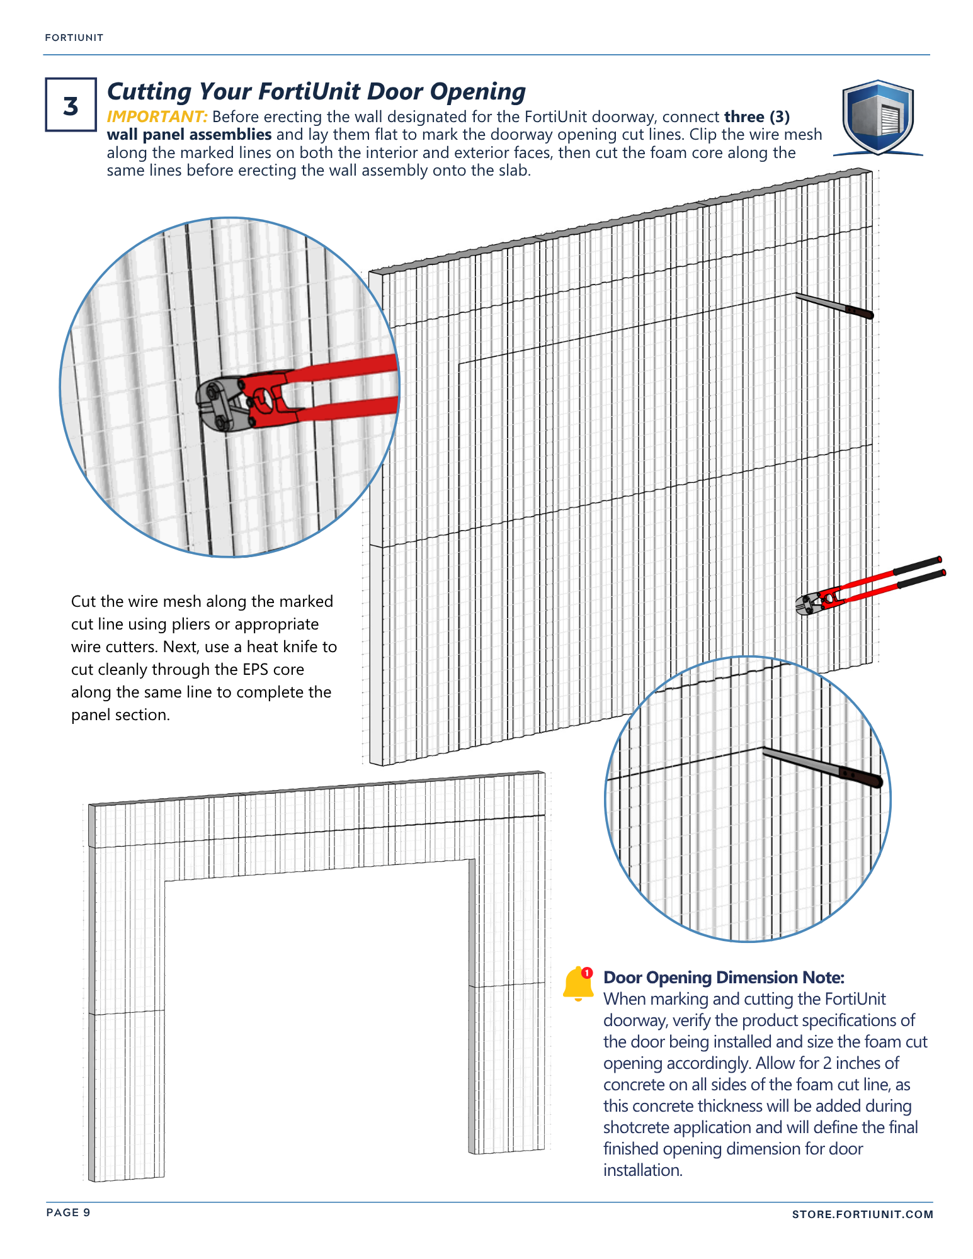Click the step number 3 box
[x=71, y=104]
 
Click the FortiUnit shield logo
[x=878, y=118]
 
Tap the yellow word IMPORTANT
[x=157, y=117]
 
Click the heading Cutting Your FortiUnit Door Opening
[x=316, y=92]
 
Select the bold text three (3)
[x=756, y=117]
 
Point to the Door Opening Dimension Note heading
[x=724, y=978]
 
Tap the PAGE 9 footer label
[x=68, y=1212]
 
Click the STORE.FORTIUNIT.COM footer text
[x=862, y=1214]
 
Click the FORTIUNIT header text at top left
[x=74, y=38]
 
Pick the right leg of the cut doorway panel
[x=508, y=1007]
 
